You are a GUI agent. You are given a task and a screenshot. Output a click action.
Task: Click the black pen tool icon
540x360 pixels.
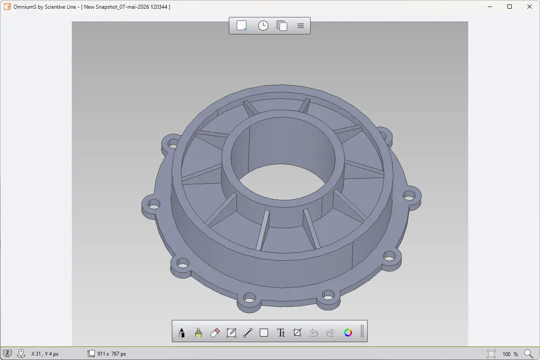pos(182,333)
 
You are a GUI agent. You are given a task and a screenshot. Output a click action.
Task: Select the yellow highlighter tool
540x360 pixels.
pos(198,333)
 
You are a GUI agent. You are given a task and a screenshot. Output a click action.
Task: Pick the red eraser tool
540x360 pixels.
pos(215,333)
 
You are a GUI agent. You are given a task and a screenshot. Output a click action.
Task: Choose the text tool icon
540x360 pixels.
pos(281,333)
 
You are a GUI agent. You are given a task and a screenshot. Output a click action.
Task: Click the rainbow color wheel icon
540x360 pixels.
pos(348,333)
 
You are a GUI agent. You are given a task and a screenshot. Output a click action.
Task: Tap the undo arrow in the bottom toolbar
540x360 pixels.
pos(314,333)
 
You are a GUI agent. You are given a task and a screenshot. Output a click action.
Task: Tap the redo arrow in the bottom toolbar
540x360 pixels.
pos(330,333)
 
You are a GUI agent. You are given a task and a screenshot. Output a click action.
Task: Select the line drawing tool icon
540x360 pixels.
pos(248,333)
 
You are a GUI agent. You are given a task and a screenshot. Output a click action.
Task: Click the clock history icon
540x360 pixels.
pos(263,26)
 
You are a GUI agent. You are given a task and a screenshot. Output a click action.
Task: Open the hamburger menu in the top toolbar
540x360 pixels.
pos(301,26)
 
